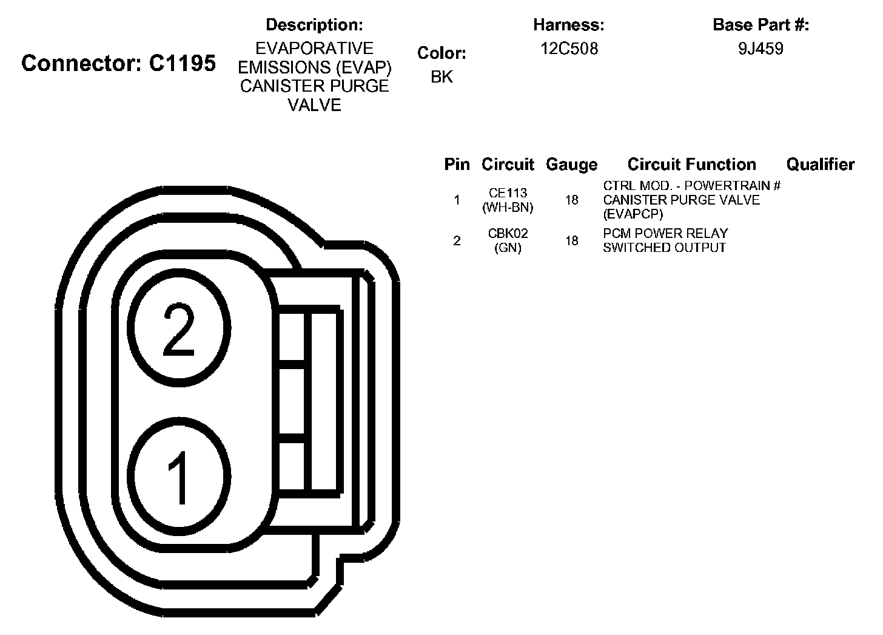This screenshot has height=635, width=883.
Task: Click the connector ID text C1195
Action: (x=183, y=63)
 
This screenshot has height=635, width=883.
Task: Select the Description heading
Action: (x=314, y=25)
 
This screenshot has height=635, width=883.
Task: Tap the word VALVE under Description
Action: (x=314, y=105)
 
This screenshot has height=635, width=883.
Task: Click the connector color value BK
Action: (x=441, y=77)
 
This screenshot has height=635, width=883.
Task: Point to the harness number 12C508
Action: (x=569, y=49)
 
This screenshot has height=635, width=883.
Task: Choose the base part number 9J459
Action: (x=760, y=49)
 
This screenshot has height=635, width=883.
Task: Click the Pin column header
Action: (x=457, y=164)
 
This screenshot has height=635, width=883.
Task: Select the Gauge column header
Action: (x=571, y=165)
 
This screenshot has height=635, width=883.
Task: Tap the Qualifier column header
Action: (x=821, y=164)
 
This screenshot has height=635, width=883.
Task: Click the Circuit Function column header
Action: (x=691, y=164)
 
